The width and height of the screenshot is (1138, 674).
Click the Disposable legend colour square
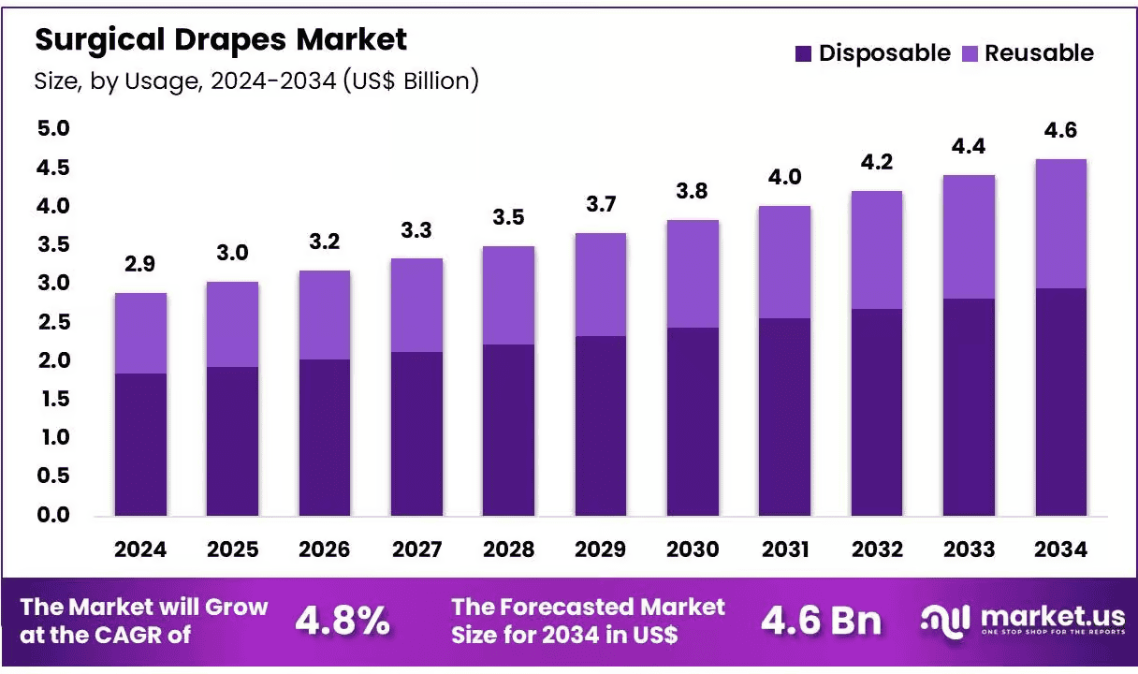click(x=803, y=53)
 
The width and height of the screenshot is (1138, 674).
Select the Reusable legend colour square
click(x=970, y=53)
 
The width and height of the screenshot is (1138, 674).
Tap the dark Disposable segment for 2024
click(x=140, y=445)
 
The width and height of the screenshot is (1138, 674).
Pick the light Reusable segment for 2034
click(x=1060, y=224)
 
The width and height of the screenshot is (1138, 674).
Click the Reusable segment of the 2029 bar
click(x=601, y=285)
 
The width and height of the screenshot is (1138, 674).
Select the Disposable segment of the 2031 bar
click(x=784, y=418)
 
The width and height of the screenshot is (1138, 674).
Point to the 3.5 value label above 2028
click(x=508, y=217)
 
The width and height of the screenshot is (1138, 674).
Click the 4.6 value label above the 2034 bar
click(x=1060, y=130)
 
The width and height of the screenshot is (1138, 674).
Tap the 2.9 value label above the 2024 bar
click(x=139, y=264)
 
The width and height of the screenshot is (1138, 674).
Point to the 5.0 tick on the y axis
click(x=53, y=128)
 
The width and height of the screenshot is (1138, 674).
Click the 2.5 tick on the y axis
click(x=54, y=322)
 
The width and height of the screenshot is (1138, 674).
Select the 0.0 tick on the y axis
click(x=53, y=515)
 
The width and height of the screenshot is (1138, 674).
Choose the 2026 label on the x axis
click(x=324, y=549)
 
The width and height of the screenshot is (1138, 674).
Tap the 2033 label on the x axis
click(x=969, y=549)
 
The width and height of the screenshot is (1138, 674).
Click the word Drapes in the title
click(x=230, y=40)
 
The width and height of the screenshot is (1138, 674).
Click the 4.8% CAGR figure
click(x=343, y=621)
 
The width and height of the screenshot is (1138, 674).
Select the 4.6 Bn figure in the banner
click(x=821, y=621)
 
